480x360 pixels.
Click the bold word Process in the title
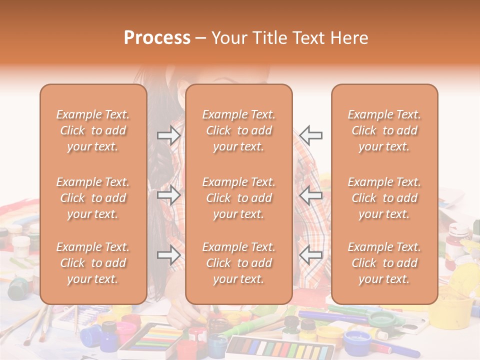click(x=157, y=38)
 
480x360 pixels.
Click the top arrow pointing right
click(x=169, y=135)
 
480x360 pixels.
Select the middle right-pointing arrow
click(x=169, y=195)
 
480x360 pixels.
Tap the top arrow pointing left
click(x=310, y=135)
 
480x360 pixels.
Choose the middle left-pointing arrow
click(x=310, y=195)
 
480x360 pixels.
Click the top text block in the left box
click(x=93, y=130)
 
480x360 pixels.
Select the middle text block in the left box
click(x=93, y=198)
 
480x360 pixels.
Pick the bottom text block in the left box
click(x=93, y=263)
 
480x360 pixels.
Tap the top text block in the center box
click(x=239, y=130)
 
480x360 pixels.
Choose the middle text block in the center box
click(x=239, y=198)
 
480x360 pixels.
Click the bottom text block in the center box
click(x=239, y=263)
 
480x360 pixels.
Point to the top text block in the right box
click(x=384, y=130)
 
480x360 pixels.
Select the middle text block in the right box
click(x=384, y=198)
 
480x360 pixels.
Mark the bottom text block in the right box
click(x=384, y=263)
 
